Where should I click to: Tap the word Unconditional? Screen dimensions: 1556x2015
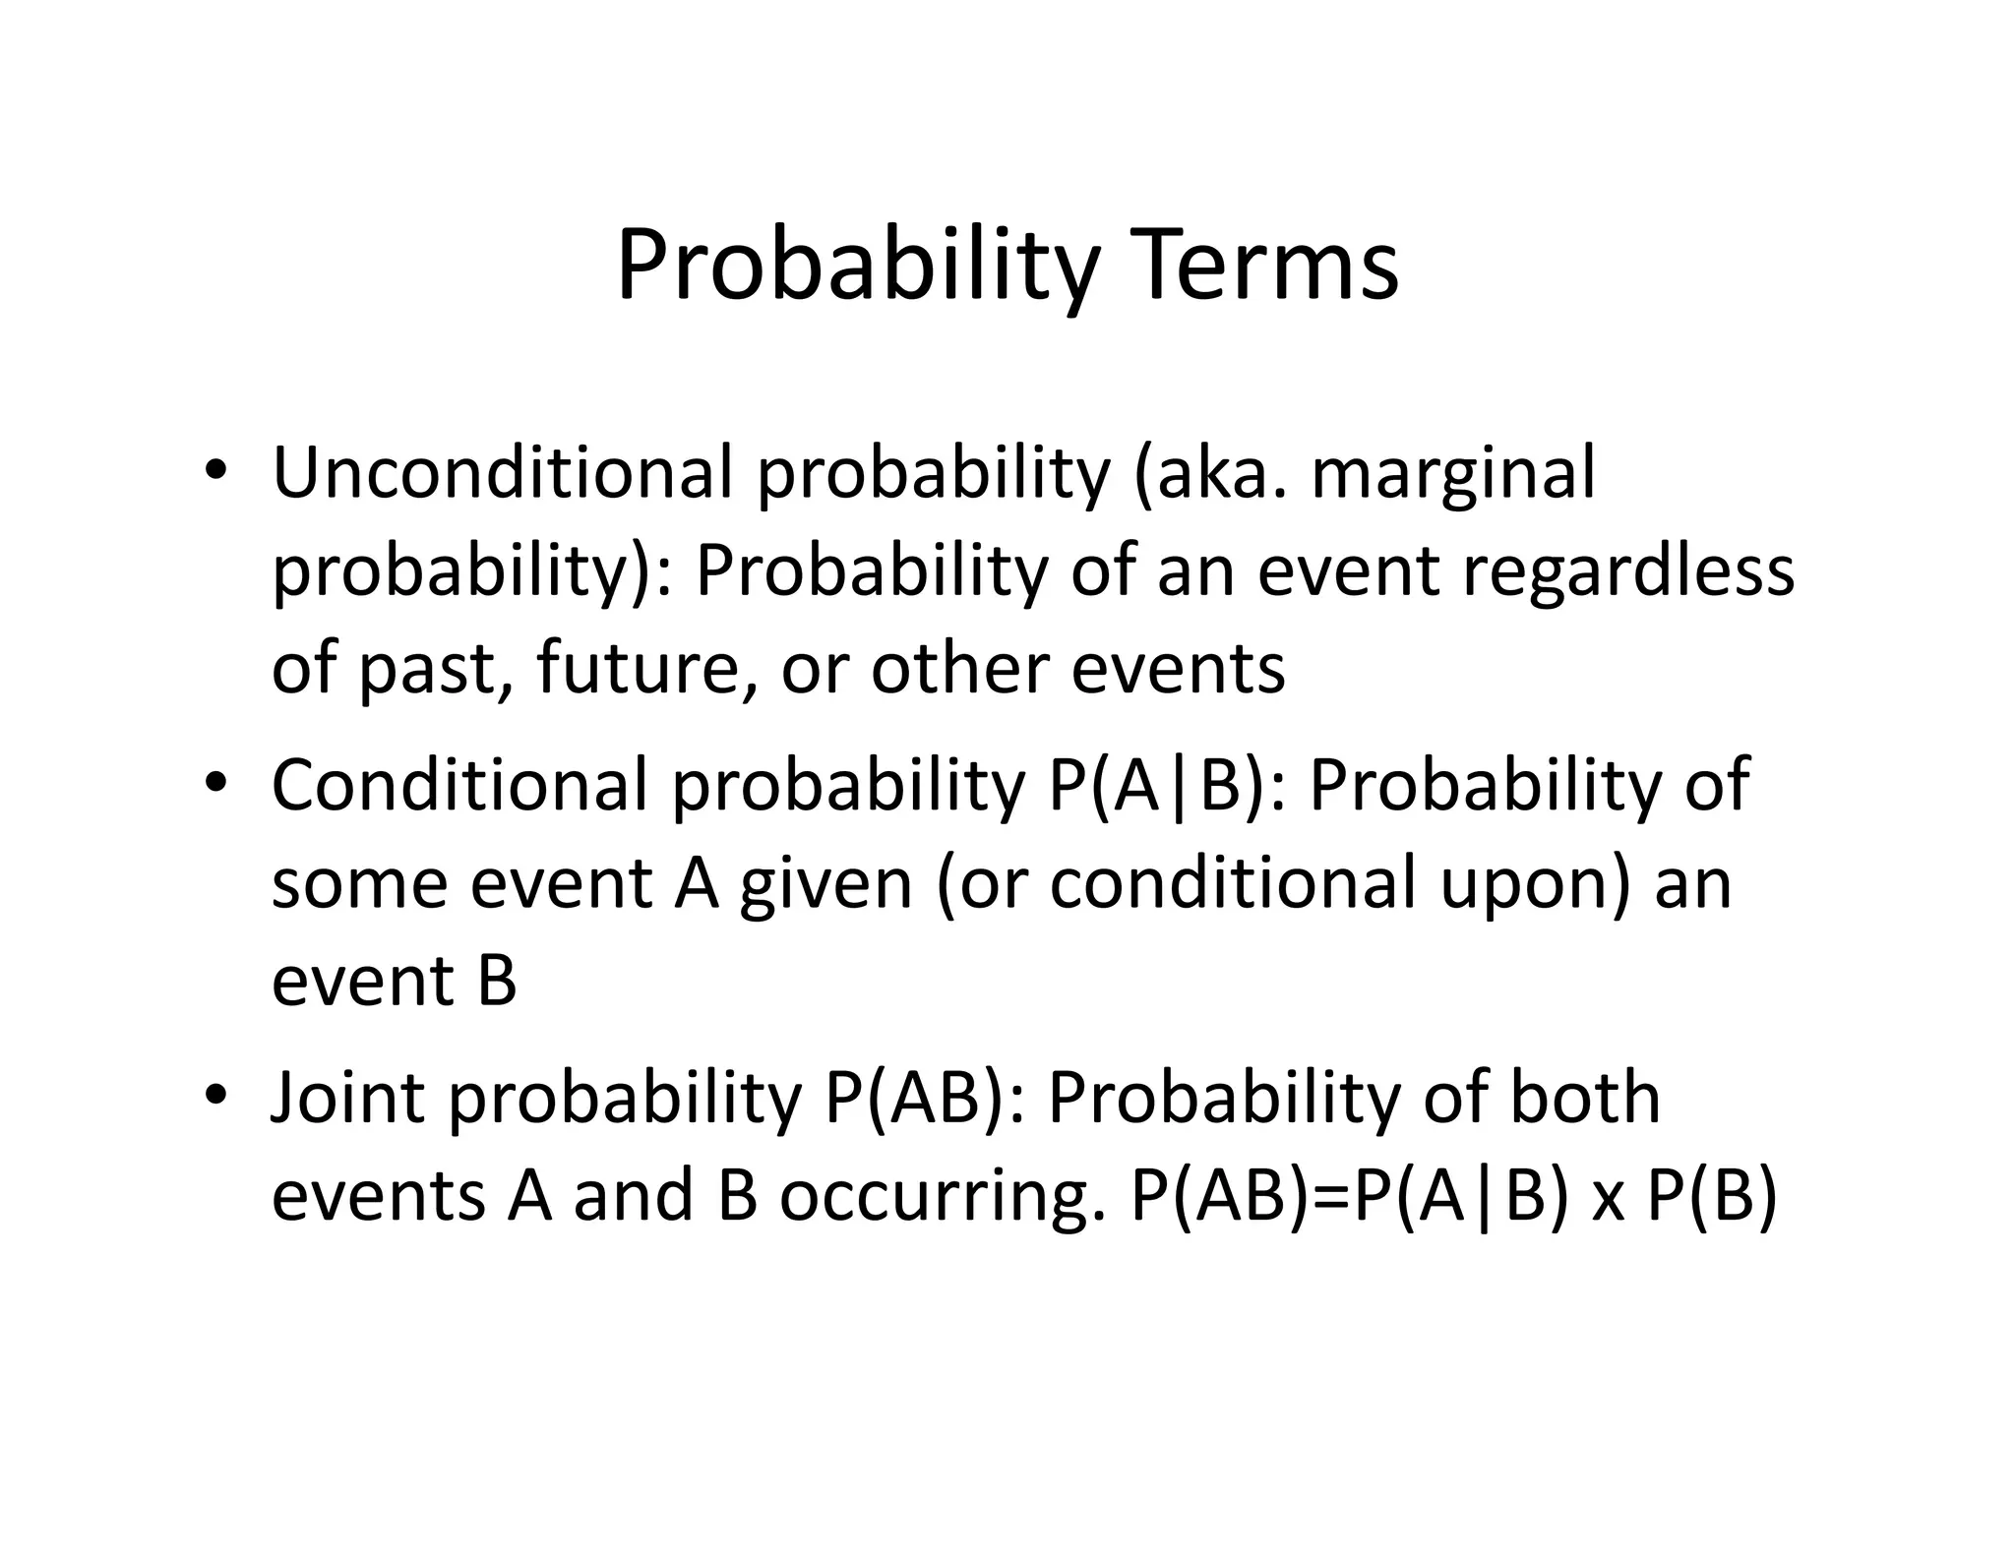click(502, 473)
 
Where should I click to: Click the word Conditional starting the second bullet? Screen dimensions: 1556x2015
click(459, 785)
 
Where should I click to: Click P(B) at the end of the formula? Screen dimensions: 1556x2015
click(1713, 1198)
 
